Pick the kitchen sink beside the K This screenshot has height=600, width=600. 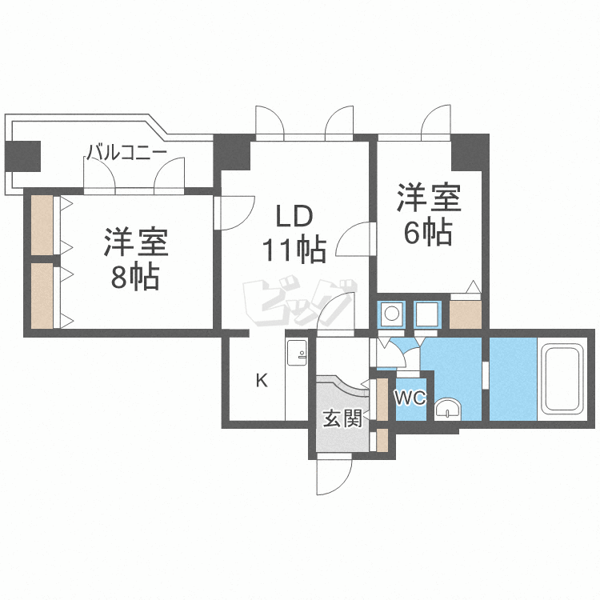(x=295, y=353)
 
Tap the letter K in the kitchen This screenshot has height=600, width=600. (x=262, y=381)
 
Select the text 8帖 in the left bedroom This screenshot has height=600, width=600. (x=134, y=278)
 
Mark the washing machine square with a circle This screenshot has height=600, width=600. (x=391, y=314)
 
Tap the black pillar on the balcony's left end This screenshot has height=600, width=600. (x=22, y=155)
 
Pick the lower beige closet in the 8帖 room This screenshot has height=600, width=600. (x=42, y=295)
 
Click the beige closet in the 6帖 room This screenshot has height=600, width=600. (x=466, y=314)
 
